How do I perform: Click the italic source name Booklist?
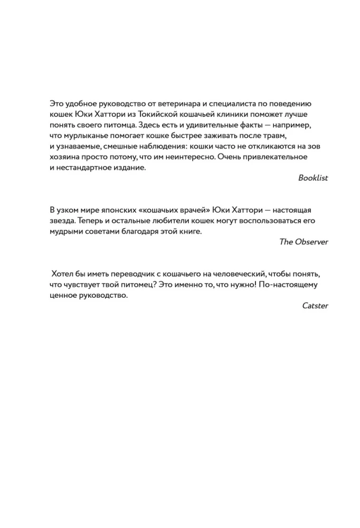[x=313, y=178]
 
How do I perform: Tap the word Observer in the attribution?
[x=311, y=242]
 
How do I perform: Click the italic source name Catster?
[x=315, y=306]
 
